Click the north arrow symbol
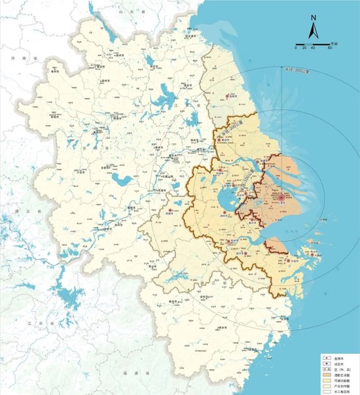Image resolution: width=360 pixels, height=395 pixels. tap(314, 30)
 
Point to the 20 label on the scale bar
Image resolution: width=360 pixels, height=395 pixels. tap(304, 48)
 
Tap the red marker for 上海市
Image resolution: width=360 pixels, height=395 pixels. tap(281, 196)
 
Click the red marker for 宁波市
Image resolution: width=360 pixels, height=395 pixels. tap(288, 260)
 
